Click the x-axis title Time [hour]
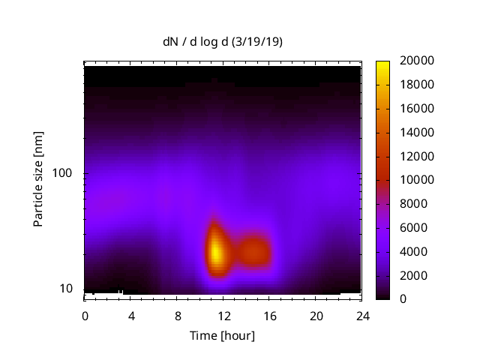[222, 335]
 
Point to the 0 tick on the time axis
[85, 316]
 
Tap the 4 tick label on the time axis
[131, 316]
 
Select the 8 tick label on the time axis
[177, 316]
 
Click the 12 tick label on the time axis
[223, 316]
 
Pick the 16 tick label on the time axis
[269, 316]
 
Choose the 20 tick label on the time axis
[315, 316]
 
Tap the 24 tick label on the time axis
[361, 316]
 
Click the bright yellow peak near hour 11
[216, 251]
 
